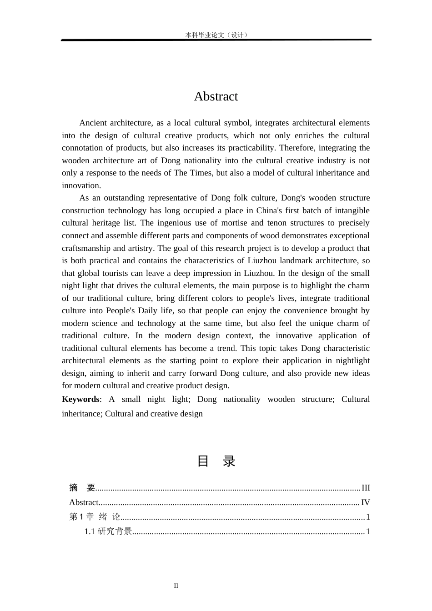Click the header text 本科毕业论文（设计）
click(x=216, y=35)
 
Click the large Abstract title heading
click(x=216, y=96)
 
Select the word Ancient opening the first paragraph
click(x=93, y=123)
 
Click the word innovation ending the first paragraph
click(x=81, y=185)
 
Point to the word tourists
click(x=118, y=273)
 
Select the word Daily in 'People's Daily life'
click(x=148, y=311)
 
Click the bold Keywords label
click(x=80, y=399)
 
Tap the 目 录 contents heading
click(x=216, y=461)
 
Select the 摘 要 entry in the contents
click(x=82, y=488)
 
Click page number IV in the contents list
click(x=365, y=502)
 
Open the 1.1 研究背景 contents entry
click(x=108, y=531)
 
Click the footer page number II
click(x=176, y=586)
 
